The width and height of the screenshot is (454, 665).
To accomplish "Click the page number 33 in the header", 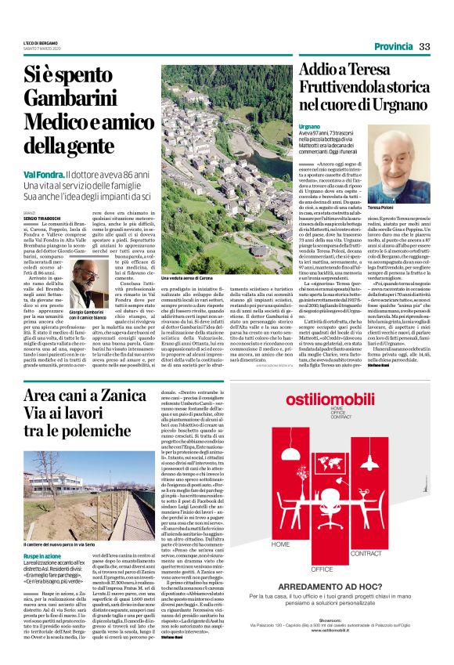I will click(425, 47).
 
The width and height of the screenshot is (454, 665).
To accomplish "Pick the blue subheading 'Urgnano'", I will click(310, 125).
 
